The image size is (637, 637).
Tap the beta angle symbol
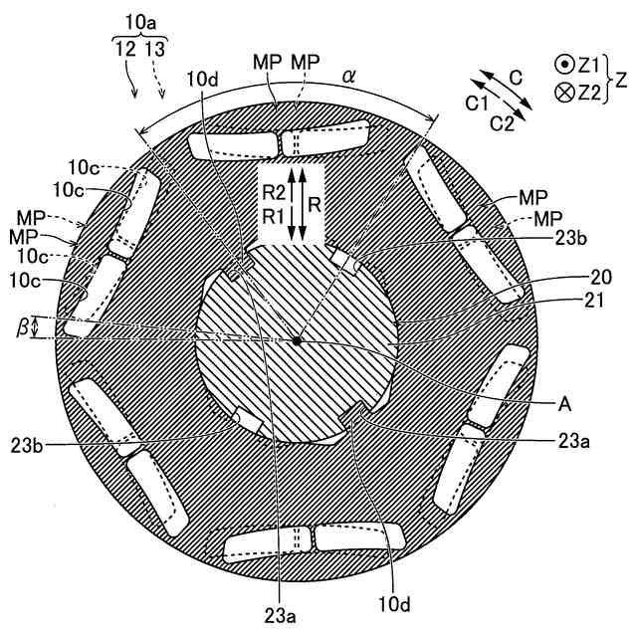tap(37, 326)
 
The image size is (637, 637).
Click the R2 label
tap(267, 194)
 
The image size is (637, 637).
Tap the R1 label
tap(267, 216)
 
